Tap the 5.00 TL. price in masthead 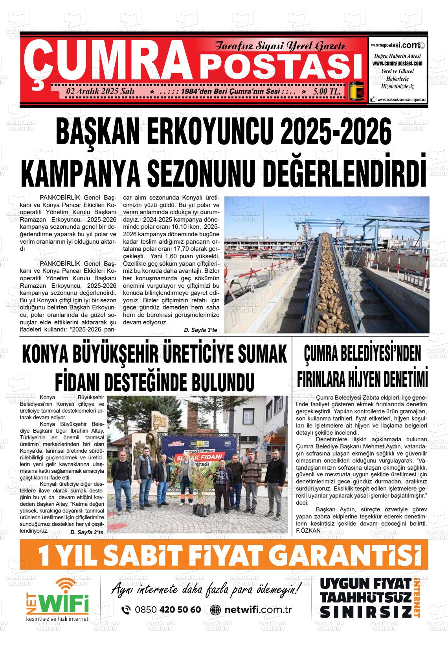click(327, 91)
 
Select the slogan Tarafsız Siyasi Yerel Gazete click(280, 46)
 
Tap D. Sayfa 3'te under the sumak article click(87, 532)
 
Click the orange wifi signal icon click(66, 585)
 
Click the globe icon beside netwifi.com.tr click(215, 610)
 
